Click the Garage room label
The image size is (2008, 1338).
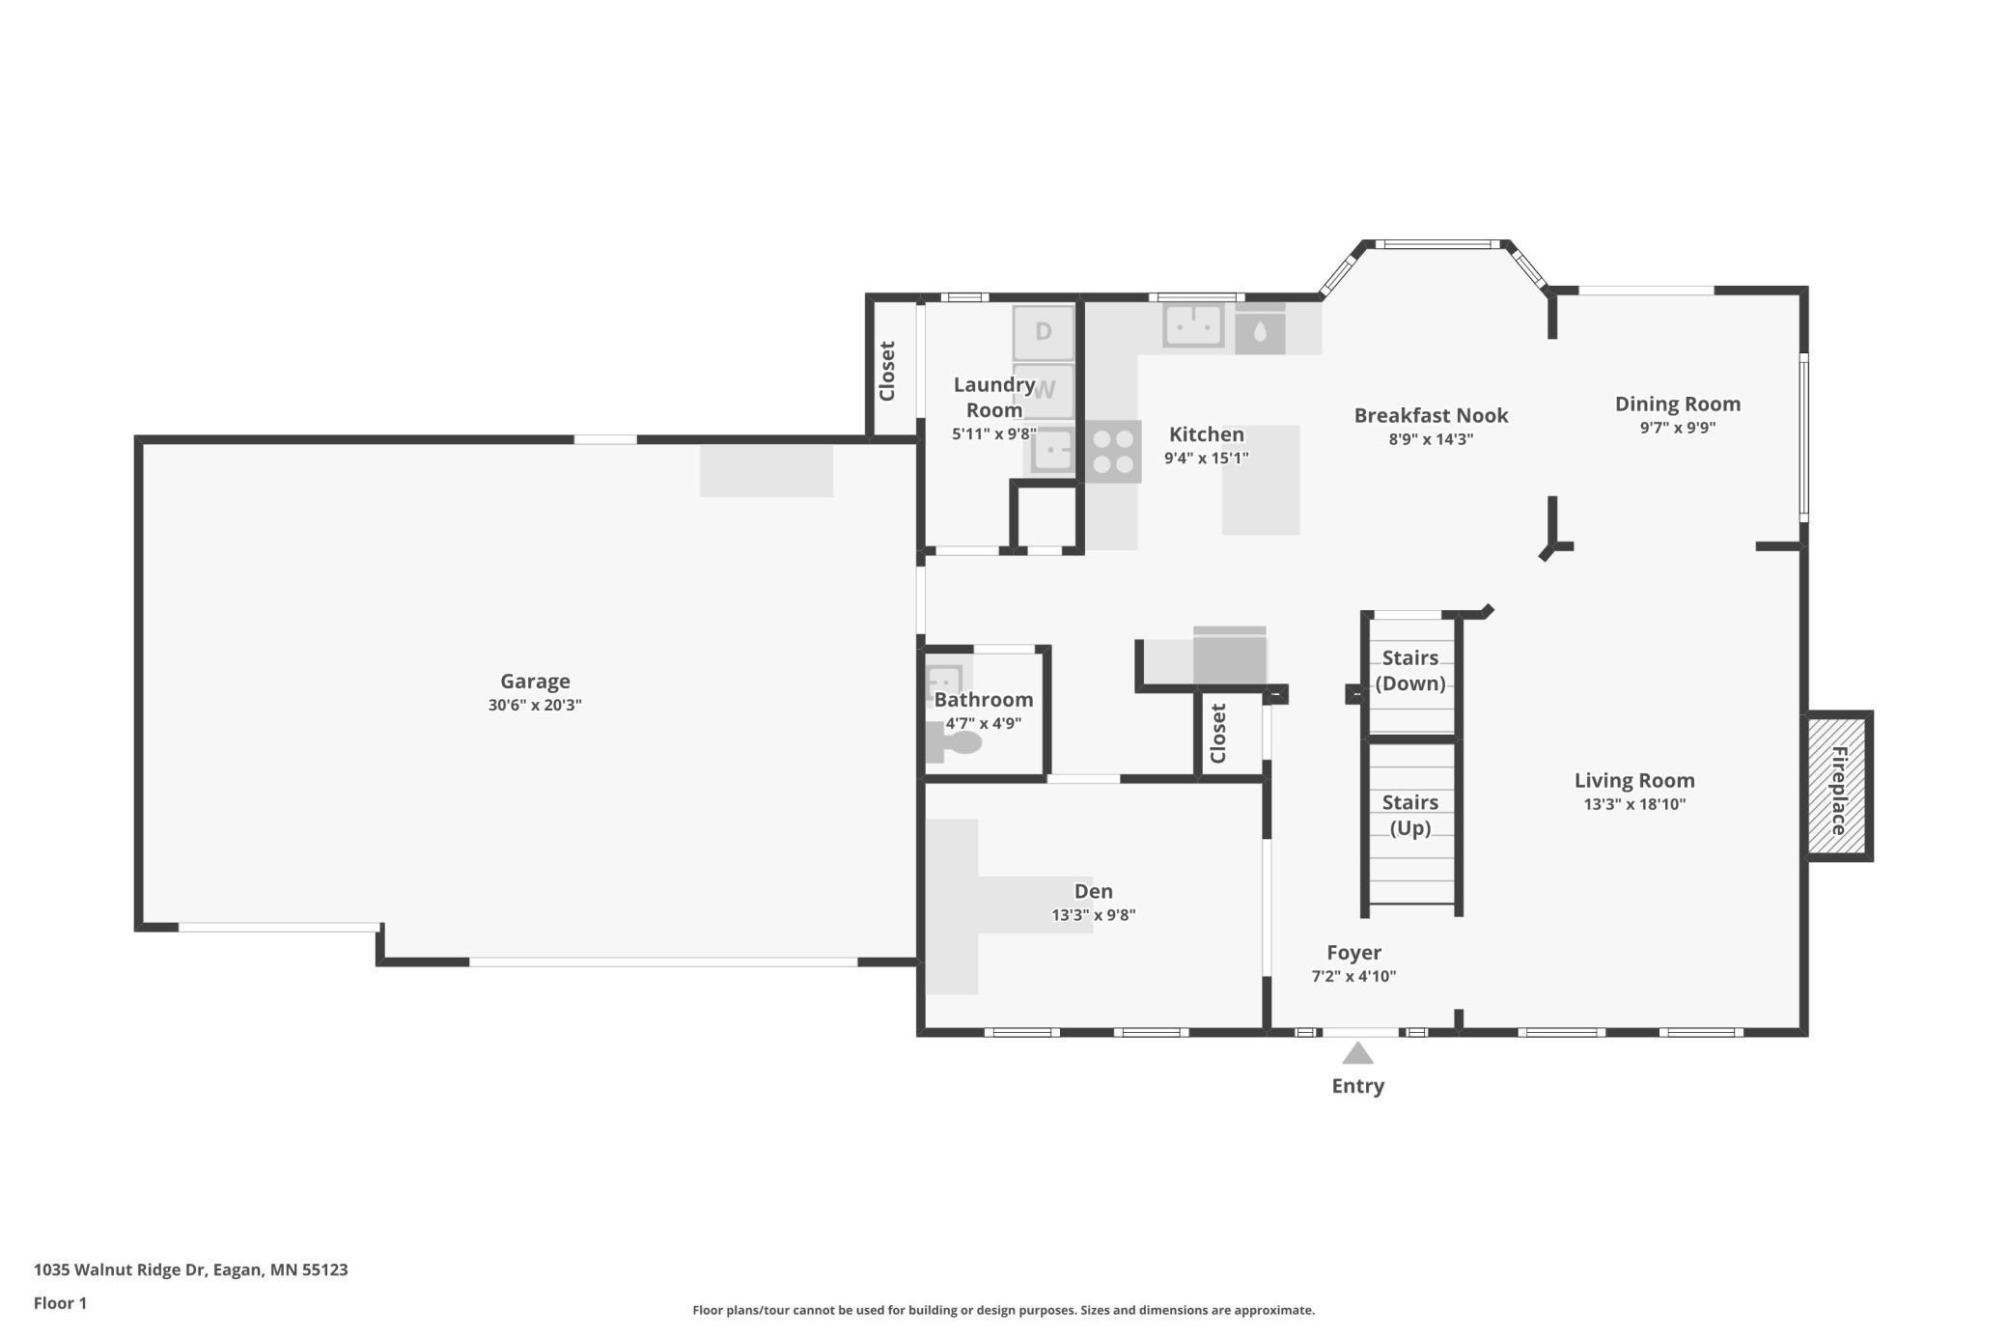point(535,681)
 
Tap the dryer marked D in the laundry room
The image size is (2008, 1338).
point(1043,332)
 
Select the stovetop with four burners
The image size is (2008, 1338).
point(1112,452)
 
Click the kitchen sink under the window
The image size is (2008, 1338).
point(1193,325)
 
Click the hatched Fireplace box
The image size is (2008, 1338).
point(1837,786)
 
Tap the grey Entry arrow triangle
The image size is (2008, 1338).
point(1357,1052)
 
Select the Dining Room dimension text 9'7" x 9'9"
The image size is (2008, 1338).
point(1678,428)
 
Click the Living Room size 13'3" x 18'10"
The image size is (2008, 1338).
point(1634,804)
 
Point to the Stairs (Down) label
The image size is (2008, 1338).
point(1410,670)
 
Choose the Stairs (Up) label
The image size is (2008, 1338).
point(1410,815)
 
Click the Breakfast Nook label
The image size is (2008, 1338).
point(1431,415)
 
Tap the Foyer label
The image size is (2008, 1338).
point(1353,952)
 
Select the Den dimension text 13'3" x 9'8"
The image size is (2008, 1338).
point(1094,914)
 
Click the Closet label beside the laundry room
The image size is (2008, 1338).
point(887,371)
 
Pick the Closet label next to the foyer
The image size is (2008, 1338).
point(1218,733)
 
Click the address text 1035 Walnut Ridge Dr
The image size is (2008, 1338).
point(120,1269)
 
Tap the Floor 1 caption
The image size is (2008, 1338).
point(60,1303)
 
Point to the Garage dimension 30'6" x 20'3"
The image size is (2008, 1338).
point(535,705)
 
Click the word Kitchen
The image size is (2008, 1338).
point(1207,434)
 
